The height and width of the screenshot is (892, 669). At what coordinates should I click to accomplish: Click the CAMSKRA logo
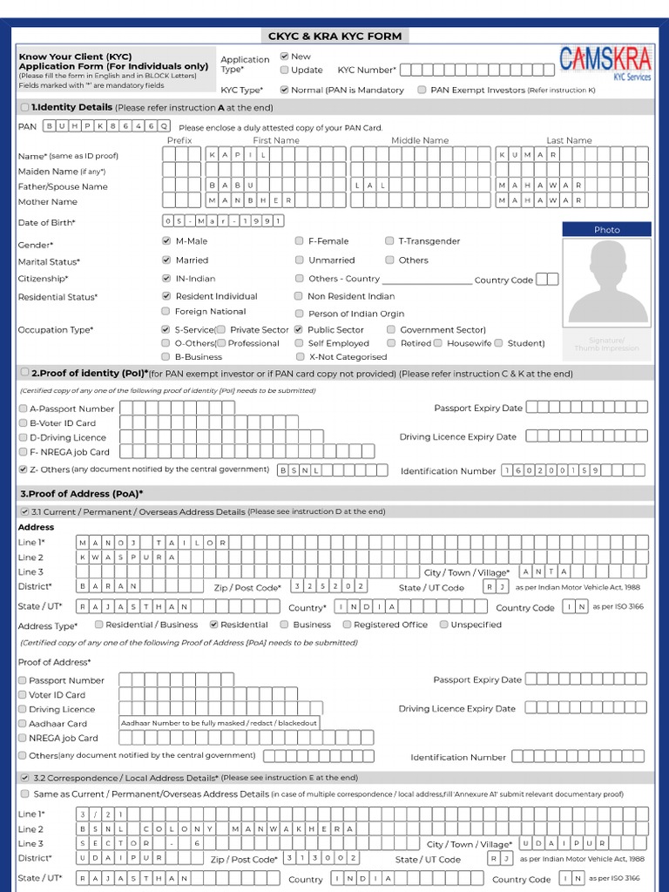(x=605, y=64)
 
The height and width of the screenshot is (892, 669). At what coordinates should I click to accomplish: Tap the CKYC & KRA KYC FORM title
(x=334, y=36)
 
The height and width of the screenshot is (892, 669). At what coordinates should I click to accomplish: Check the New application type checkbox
(x=284, y=56)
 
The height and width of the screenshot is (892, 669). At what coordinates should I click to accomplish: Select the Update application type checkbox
(x=284, y=70)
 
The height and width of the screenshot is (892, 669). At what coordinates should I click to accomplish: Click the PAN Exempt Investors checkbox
(x=422, y=90)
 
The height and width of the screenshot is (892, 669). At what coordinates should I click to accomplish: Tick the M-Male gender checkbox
(x=166, y=241)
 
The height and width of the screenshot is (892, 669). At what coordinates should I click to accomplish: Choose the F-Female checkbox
(x=300, y=241)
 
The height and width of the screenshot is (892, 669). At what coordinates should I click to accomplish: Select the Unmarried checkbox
(x=300, y=260)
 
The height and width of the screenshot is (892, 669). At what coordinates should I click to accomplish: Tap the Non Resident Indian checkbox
(x=299, y=296)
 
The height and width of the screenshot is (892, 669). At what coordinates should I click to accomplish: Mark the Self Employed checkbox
(x=300, y=343)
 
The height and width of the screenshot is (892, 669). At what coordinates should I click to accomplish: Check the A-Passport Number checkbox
(x=23, y=409)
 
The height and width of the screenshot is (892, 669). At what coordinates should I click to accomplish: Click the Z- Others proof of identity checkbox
(x=23, y=469)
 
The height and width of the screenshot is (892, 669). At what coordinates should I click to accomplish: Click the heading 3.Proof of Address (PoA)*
(x=81, y=493)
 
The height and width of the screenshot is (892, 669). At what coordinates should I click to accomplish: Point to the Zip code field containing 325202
(x=329, y=586)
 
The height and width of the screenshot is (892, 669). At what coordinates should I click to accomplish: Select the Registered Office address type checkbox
(x=347, y=625)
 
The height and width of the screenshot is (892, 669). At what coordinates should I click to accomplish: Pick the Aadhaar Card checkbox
(x=23, y=723)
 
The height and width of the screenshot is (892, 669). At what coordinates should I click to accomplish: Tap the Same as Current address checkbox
(x=24, y=794)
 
